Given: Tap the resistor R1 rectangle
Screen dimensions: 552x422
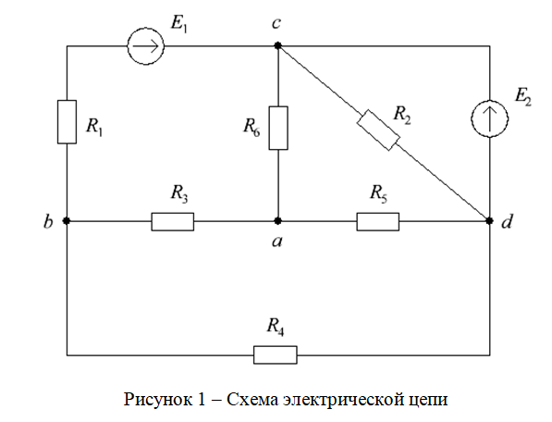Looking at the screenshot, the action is [x=67, y=122].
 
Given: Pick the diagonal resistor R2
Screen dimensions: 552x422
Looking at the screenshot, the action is [x=378, y=130].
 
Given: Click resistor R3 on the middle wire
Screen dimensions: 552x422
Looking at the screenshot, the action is [x=173, y=221].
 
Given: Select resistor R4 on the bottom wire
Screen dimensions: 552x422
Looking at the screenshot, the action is [x=276, y=354].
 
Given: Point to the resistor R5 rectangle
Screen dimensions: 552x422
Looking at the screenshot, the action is [x=378, y=221].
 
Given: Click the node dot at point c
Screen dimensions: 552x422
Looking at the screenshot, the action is [x=277, y=45].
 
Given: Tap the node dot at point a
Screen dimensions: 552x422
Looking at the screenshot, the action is [x=277, y=221].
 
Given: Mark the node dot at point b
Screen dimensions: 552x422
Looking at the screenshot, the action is [x=67, y=221].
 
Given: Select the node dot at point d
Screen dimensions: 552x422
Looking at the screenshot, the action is [x=489, y=221].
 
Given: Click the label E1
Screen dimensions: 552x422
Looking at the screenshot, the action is [x=178, y=24].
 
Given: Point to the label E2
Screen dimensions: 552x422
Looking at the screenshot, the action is [x=523, y=96].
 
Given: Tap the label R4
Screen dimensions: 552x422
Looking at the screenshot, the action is [x=276, y=327].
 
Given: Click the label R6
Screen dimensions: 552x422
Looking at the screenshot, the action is [x=251, y=127].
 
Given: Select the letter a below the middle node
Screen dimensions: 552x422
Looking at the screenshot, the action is [x=277, y=242].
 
